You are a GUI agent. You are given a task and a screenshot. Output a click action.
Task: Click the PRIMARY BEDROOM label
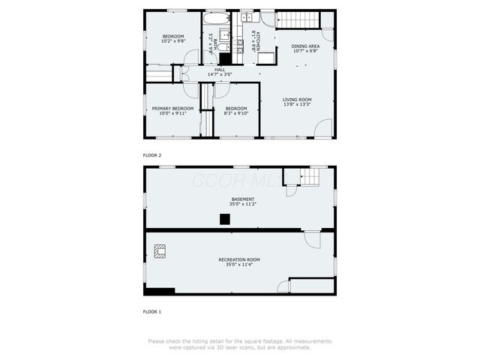point(172,109)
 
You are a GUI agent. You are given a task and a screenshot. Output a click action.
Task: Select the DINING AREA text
point(305,46)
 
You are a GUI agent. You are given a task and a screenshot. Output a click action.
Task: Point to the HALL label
point(220,70)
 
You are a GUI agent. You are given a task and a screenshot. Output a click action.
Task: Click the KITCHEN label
point(257,41)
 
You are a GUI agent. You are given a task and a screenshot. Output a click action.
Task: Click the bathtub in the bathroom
point(216,17)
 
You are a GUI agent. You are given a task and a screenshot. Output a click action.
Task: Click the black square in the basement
point(224,219)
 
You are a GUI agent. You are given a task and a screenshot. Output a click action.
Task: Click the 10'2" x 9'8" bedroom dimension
point(172,42)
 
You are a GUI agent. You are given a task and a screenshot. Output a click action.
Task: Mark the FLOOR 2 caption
point(152,155)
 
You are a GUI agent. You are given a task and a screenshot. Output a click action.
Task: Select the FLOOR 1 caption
point(152,310)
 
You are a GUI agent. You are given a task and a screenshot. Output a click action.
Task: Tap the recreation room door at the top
point(311,239)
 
